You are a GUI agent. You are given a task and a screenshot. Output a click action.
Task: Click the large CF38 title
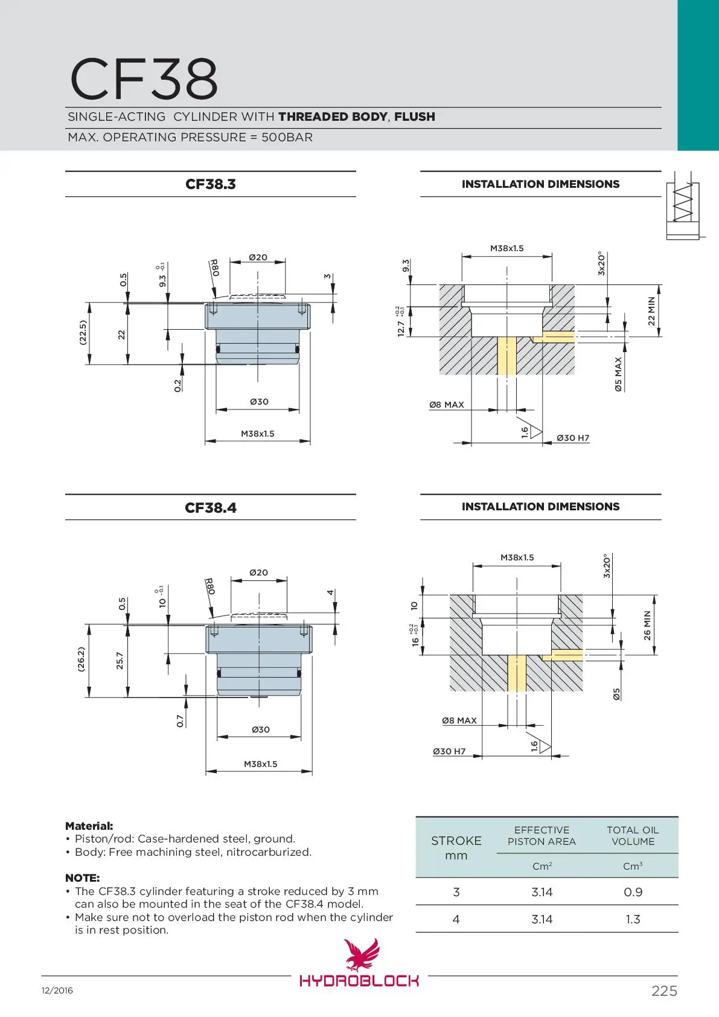(x=144, y=79)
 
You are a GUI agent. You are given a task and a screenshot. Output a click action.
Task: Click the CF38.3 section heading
(x=210, y=184)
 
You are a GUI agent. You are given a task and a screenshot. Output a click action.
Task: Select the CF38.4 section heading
(x=210, y=508)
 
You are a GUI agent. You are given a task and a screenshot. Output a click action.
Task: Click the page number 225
(x=664, y=991)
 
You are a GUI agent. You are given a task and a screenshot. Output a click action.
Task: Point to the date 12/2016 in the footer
(x=57, y=991)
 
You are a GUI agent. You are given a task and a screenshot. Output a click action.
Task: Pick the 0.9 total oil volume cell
(x=633, y=892)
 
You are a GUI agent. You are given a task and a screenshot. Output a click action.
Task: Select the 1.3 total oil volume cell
(x=633, y=919)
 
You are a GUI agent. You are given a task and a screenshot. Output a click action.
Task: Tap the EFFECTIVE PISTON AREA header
(x=542, y=836)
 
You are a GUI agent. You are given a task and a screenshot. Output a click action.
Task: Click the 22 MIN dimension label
(x=651, y=311)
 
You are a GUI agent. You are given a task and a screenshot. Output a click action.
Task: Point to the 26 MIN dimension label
(x=647, y=626)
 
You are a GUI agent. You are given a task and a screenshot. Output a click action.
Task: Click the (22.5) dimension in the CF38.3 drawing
(x=83, y=333)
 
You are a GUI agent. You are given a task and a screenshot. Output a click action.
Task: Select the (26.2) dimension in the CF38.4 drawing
(x=81, y=659)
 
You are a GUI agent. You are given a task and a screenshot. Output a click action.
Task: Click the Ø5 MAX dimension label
(x=618, y=374)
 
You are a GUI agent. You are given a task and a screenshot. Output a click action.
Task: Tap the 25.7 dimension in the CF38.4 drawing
(x=120, y=661)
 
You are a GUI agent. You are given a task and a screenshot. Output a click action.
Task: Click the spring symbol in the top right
(x=683, y=203)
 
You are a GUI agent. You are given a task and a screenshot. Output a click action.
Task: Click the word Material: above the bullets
(x=89, y=826)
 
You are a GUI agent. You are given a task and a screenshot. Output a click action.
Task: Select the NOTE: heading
(x=82, y=877)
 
